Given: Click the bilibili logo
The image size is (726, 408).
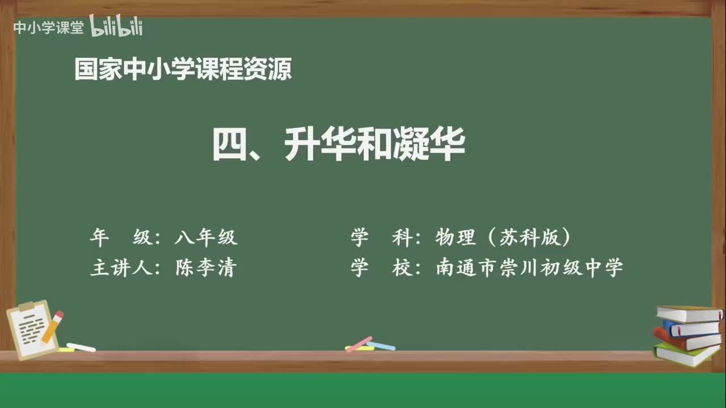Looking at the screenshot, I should coord(116,27).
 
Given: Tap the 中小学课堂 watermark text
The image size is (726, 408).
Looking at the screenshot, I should coord(48,28).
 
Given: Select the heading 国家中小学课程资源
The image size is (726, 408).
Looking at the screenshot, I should coord(183,70).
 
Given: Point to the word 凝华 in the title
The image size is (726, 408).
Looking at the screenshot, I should coord(428,144).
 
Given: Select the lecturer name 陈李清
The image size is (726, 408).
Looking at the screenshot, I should coord(206,267).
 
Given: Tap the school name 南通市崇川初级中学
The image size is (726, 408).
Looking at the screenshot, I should coord(529,267).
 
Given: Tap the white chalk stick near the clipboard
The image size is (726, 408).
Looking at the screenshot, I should coord(81,347).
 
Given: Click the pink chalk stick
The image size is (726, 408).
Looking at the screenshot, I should coord(359,344).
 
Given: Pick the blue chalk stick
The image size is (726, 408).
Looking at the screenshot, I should coord(381,345).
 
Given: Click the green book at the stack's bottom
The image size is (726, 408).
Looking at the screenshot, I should coord(686,355).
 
